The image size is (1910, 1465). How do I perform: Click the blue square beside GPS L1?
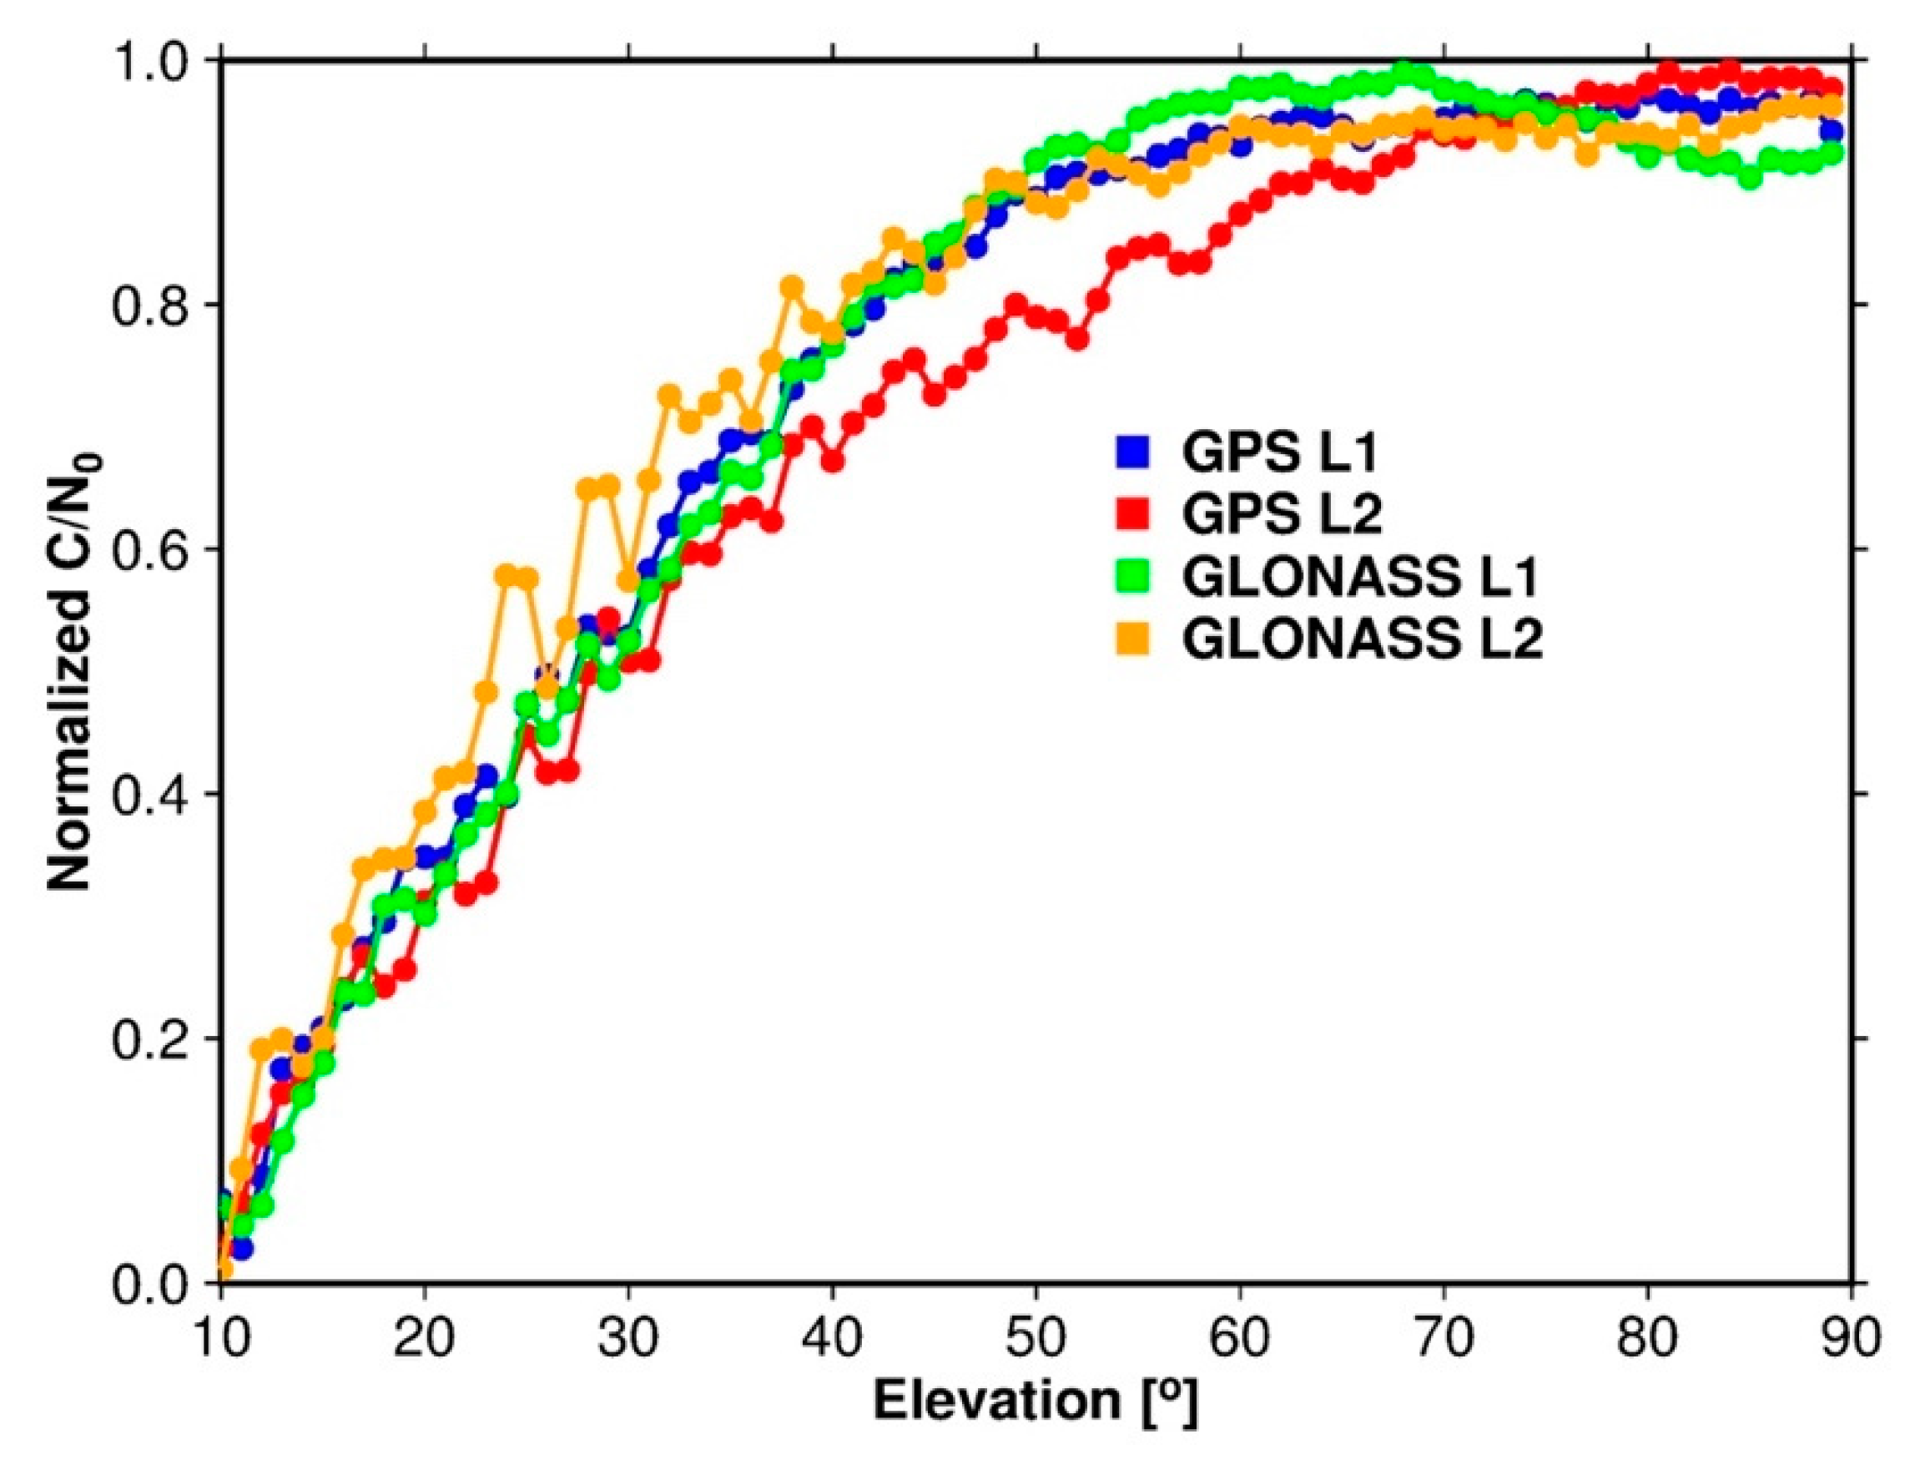click(1132, 451)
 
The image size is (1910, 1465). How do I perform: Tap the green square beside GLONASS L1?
click(1132, 577)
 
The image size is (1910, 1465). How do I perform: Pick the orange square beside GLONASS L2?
click(1132, 639)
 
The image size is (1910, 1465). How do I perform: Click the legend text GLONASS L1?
click(1361, 577)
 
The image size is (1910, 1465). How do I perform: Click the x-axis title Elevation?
click(1035, 1401)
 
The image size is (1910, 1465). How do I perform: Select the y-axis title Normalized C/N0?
click(73, 669)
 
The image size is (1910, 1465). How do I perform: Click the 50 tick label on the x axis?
click(1036, 1336)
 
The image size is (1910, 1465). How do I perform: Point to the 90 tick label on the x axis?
click(1852, 1336)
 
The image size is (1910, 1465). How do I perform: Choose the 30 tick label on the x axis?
click(627, 1336)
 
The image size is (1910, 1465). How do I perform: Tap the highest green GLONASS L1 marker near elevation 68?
click(1404, 70)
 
